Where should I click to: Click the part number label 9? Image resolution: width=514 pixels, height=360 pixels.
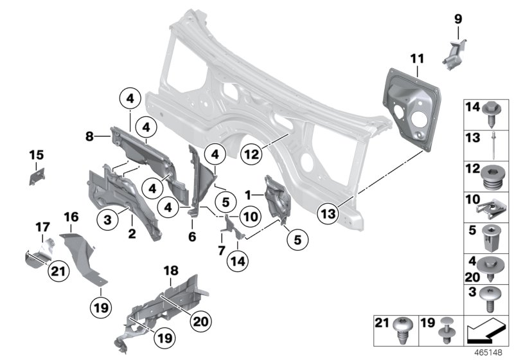(x=458, y=19)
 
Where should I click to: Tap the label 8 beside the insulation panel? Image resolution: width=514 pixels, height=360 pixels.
(x=90, y=136)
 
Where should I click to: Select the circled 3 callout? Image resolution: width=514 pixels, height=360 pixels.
(x=107, y=221)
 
